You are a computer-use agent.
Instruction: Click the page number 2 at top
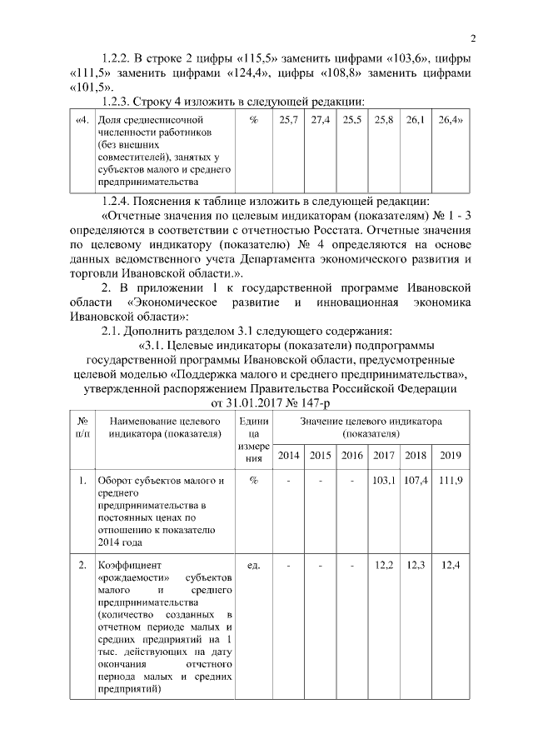(x=472, y=37)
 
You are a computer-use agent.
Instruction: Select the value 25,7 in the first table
(x=289, y=121)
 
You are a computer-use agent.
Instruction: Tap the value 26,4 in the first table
(x=450, y=121)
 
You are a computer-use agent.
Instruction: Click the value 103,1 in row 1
(x=384, y=482)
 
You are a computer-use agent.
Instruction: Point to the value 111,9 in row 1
(x=450, y=482)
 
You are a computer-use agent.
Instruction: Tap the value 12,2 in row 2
(x=384, y=566)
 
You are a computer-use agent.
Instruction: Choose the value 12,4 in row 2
(x=450, y=566)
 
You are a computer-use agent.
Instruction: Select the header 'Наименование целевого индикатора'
(x=163, y=427)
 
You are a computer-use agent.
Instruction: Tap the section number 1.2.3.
(x=118, y=102)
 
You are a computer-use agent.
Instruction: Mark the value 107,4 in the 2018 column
(x=416, y=482)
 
